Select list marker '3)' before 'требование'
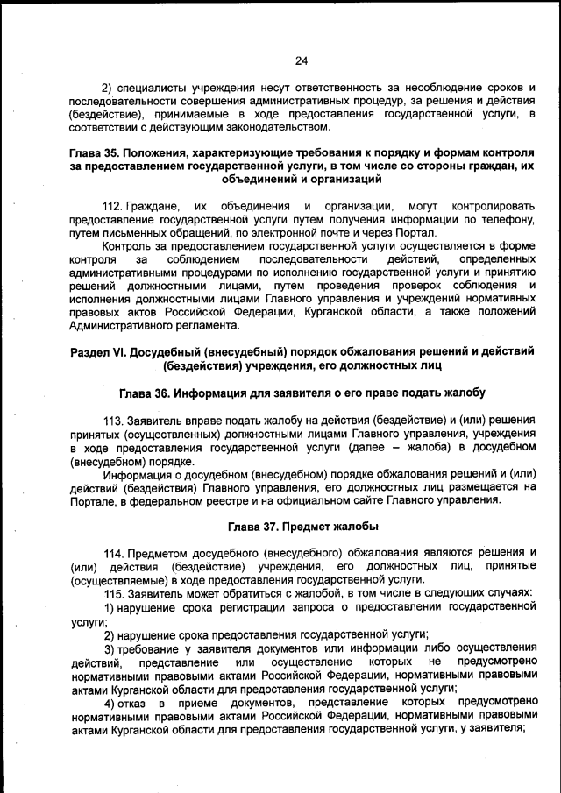[x=111, y=648]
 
